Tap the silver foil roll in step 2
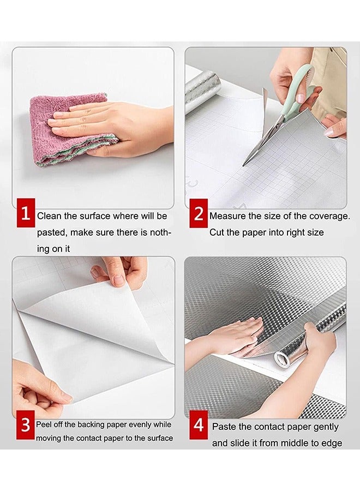(202, 90)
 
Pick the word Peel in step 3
(44, 424)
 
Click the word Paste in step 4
(224, 427)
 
